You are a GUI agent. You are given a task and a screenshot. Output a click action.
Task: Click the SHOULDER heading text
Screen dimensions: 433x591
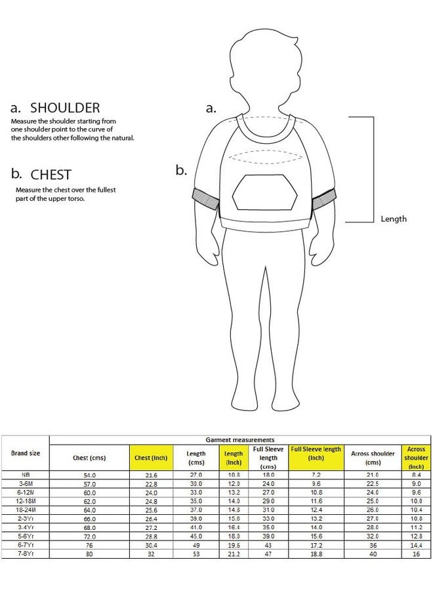[x=65, y=108]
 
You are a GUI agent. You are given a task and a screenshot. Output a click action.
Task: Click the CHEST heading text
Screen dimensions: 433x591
[x=51, y=175]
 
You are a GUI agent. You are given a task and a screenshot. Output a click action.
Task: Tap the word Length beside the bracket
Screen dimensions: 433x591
[x=394, y=219]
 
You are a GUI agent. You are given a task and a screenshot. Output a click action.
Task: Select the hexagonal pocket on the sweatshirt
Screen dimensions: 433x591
[x=264, y=192]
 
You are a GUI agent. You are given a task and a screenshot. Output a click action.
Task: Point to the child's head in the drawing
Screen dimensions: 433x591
[x=266, y=72]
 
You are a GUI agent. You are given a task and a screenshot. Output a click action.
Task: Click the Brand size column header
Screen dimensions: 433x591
[x=25, y=453]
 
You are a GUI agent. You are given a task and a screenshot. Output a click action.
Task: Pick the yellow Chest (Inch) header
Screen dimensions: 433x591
[x=151, y=458]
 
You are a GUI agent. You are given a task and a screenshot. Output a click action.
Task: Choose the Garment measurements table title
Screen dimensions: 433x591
[x=240, y=440]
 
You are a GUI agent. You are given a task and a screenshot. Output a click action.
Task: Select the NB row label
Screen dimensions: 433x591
[x=26, y=475]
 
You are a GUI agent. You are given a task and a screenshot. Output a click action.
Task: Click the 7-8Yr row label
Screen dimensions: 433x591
[x=26, y=554]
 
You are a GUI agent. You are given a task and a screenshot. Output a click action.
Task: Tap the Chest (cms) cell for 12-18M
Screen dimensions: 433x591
[x=90, y=502]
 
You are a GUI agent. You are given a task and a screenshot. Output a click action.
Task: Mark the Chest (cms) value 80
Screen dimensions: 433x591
[x=90, y=554]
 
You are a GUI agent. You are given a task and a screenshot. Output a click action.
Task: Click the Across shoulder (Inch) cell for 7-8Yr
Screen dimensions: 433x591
[x=416, y=554]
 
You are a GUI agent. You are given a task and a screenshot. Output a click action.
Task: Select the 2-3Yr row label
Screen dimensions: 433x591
[x=26, y=519]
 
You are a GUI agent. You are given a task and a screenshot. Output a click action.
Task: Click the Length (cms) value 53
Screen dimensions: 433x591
[x=196, y=554]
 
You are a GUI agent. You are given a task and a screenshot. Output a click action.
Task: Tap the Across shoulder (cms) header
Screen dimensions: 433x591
[x=373, y=458]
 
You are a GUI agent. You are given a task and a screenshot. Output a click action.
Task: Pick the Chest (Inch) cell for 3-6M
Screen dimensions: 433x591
[x=151, y=484]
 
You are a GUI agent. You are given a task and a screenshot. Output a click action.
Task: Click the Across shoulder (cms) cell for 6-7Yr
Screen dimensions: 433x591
[x=373, y=546]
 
